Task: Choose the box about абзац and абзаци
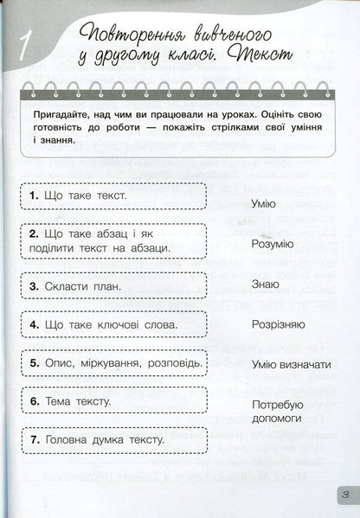coord(115,240)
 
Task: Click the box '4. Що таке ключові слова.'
coord(115,324)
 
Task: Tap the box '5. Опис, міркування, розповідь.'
coord(115,363)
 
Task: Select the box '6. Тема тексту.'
coord(115,402)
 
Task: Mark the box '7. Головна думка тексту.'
coord(115,441)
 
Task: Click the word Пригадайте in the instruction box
coord(57,114)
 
